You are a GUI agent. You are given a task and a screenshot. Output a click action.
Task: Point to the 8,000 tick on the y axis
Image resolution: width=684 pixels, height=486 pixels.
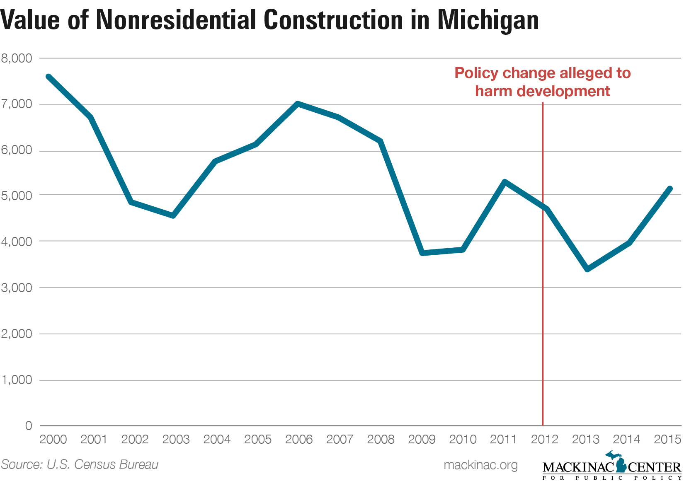click(x=17, y=58)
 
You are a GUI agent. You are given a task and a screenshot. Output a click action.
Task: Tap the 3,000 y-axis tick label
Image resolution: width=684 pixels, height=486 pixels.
click(x=17, y=288)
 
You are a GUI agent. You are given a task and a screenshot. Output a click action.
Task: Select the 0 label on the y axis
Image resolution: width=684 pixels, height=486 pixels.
click(x=28, y=426)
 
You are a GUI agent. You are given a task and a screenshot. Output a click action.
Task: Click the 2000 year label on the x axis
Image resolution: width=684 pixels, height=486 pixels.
click(x=53, y=439)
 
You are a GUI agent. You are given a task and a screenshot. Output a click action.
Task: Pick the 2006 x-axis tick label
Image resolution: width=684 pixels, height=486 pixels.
click(x=299, y=439)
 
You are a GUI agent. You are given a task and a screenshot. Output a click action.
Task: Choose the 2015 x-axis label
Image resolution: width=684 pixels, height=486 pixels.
click(x=667, y=439)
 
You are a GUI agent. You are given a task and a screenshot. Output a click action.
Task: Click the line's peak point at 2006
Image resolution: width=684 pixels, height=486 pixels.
click(x=297, y=103)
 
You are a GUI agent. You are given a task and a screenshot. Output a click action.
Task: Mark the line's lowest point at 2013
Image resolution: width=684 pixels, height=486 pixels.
click(x=587, y=269)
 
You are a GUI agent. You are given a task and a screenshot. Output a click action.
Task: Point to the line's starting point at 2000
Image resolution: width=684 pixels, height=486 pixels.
click(x=49, y=77)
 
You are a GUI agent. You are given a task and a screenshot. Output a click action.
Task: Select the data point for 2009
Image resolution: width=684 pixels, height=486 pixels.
click(x=422, y=252)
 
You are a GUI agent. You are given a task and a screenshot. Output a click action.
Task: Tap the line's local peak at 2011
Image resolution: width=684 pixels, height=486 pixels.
click(x=505, y=181)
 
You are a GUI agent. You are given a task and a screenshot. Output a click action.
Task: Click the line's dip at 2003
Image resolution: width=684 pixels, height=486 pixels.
click(x=173, y=215)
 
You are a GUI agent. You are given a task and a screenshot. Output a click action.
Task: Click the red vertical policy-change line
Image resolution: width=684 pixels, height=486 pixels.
click(x=543, y=331)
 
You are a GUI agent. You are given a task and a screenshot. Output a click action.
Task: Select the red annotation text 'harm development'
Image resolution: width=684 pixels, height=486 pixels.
click(x=542, y=91)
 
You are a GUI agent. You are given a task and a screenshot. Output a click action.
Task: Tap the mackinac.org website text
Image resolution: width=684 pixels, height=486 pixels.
click(x=480, y=465)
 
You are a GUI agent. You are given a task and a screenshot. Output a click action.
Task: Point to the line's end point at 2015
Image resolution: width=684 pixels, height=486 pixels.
click(x=669, y=189)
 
